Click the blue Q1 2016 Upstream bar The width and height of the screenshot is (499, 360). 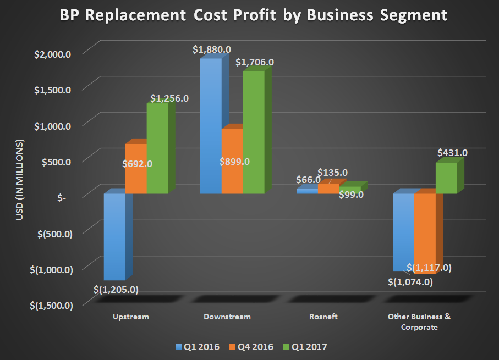click(114, 236)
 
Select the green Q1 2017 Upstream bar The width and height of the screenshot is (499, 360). click(157, 148)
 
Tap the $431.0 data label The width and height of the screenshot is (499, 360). click(452, 152)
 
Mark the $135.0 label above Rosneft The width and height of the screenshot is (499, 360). click(332, 173)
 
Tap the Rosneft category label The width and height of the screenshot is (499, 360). click(323, 317)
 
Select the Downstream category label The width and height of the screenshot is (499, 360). click(227, 317)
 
